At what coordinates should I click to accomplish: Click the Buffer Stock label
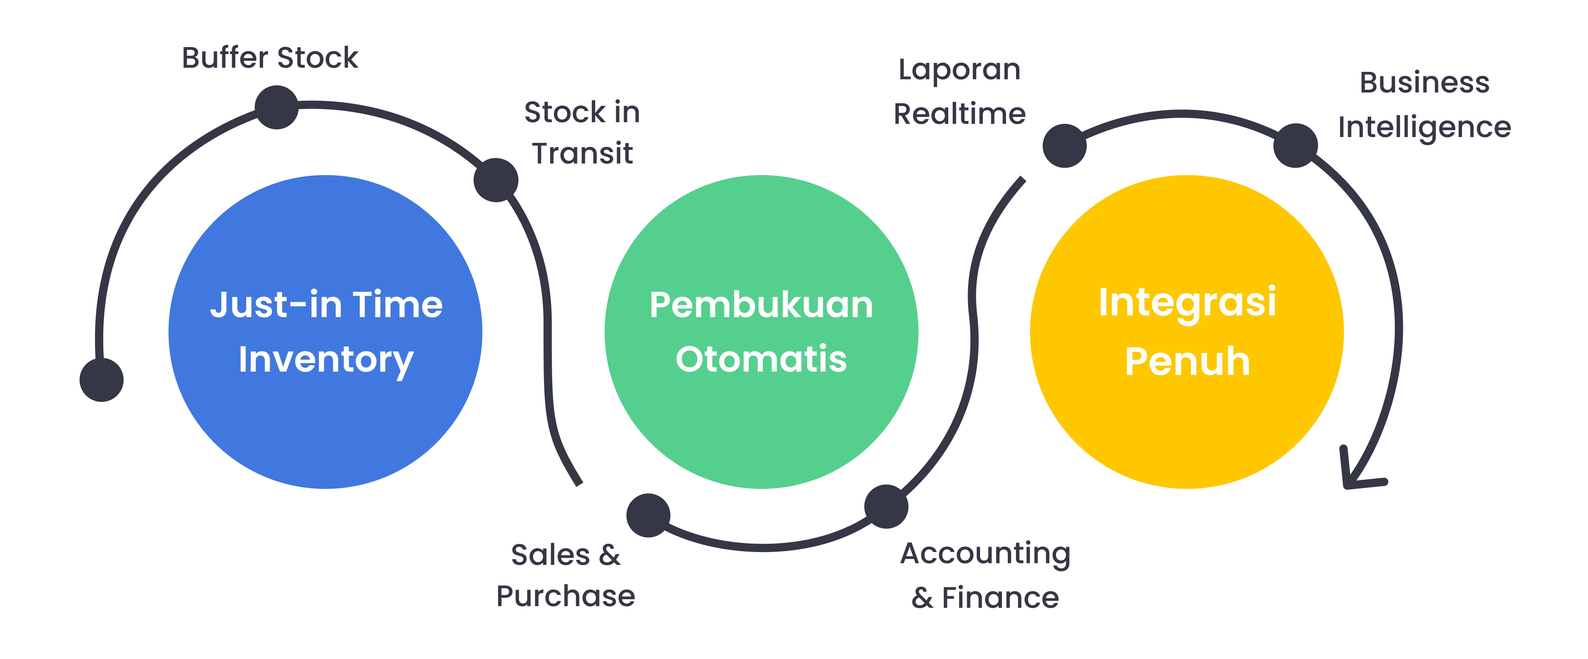[270, 57]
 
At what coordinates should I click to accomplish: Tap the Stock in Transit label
[583, 133]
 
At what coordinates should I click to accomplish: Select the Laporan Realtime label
[960, 91]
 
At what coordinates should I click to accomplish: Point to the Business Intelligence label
[1424, 105]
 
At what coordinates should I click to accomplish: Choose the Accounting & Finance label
[985, 575]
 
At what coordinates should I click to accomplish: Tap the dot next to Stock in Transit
[495, 179]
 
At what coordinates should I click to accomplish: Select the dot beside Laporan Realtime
[1063, 145]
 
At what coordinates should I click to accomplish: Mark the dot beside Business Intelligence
[1295, 144]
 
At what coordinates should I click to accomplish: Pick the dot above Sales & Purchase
[647, 515]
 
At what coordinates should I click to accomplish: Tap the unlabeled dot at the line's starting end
[102, 379]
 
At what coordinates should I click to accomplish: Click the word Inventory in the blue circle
[325, 360]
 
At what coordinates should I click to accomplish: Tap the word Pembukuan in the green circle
[761, 305]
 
